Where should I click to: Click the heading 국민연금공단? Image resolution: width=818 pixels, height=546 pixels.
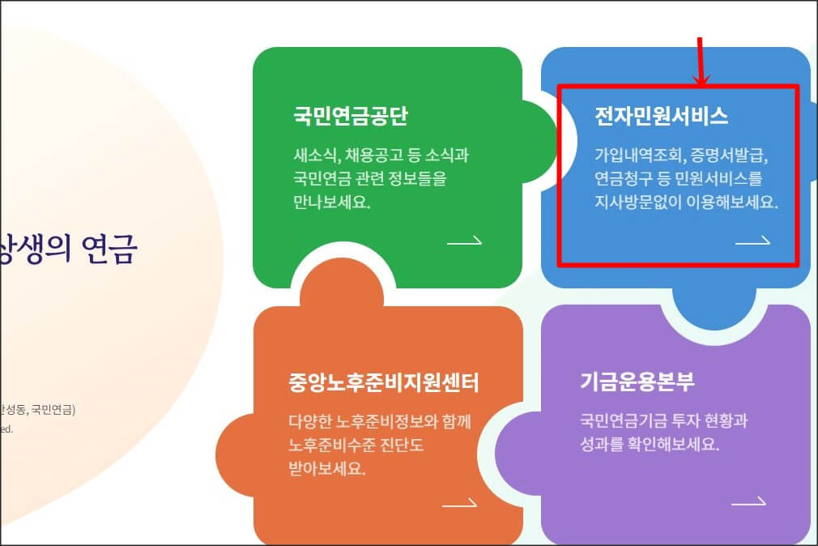pyautogui.click(x=351, y=117)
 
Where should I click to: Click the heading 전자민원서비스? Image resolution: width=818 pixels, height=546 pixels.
pyautogui.click(x=661, y=117)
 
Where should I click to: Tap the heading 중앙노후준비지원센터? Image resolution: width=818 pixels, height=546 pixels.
pyautogui.click(x=384, y=382)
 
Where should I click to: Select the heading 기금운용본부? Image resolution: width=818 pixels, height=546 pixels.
pyautogui.click(x=637, y=382)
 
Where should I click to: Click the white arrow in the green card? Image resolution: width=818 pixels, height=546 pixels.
pyautogui.click(x=464, y=241)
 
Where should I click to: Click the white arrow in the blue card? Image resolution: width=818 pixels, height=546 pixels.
pyautogui.click(x=752, y=241)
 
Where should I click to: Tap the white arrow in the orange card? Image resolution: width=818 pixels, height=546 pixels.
pyautogui.click(x=459, y=504)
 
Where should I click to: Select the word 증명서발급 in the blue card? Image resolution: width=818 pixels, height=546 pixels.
pyautogui.click(x=731, y=155)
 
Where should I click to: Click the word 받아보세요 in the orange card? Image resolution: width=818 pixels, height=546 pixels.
pyautogui.click(x=326, y=468)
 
